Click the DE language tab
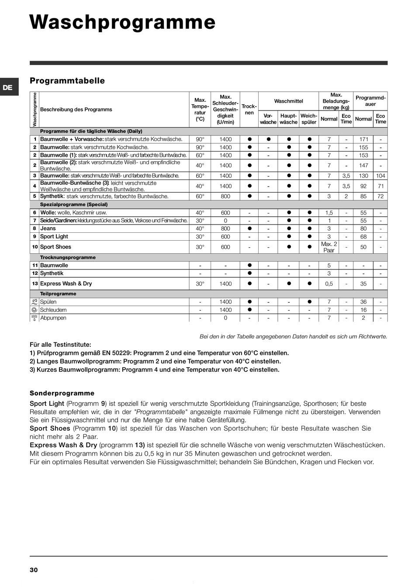8,87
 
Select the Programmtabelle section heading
67,81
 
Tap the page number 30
34,570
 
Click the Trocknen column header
249,109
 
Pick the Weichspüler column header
309,119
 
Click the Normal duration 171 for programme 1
363,139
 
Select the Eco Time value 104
380,176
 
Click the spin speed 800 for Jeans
225,228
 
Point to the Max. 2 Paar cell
329,247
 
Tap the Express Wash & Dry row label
66,283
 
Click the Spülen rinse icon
35,302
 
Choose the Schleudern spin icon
35,310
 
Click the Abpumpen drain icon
35,318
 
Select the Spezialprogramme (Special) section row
74,204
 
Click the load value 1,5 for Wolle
329,213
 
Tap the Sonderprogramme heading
62,393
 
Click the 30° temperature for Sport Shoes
200,247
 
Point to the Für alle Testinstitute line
61,345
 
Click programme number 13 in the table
35,283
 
